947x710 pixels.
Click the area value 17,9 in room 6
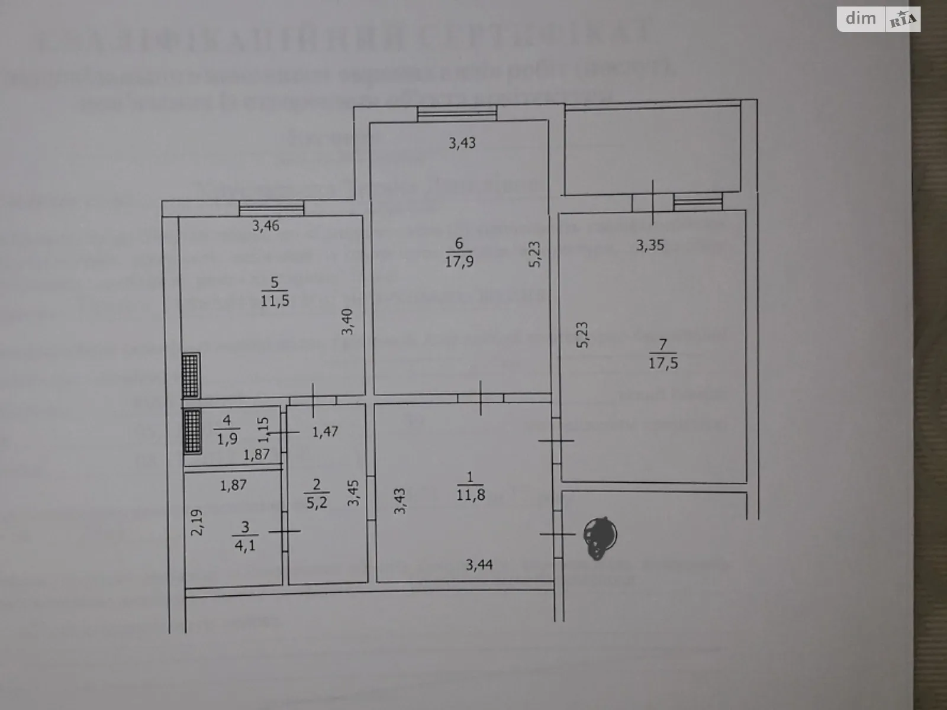[459, 262]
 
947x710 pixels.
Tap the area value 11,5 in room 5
[275, 301]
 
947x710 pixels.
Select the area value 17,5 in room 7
[663, 363]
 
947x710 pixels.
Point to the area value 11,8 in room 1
[471, 495]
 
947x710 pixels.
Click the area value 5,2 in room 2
[317, 503]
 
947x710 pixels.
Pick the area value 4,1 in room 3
[245, 544]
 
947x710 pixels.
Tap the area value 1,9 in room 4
[227, 438]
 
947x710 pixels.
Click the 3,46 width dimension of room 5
[266, 225]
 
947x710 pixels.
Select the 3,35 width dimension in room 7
[650, 244]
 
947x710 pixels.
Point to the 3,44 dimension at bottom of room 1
[479, 565]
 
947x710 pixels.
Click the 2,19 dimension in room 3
[198, 523]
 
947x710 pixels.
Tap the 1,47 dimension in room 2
[325, 431]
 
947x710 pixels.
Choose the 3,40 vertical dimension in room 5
[349, 322]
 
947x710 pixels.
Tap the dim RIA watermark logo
[878, 20]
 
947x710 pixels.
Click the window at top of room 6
[456, 112]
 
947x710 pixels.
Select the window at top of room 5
[272, 208]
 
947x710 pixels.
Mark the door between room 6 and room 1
[480, 398]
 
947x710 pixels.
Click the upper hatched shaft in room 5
[191, 375]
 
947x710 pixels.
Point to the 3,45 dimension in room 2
[353, 493]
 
